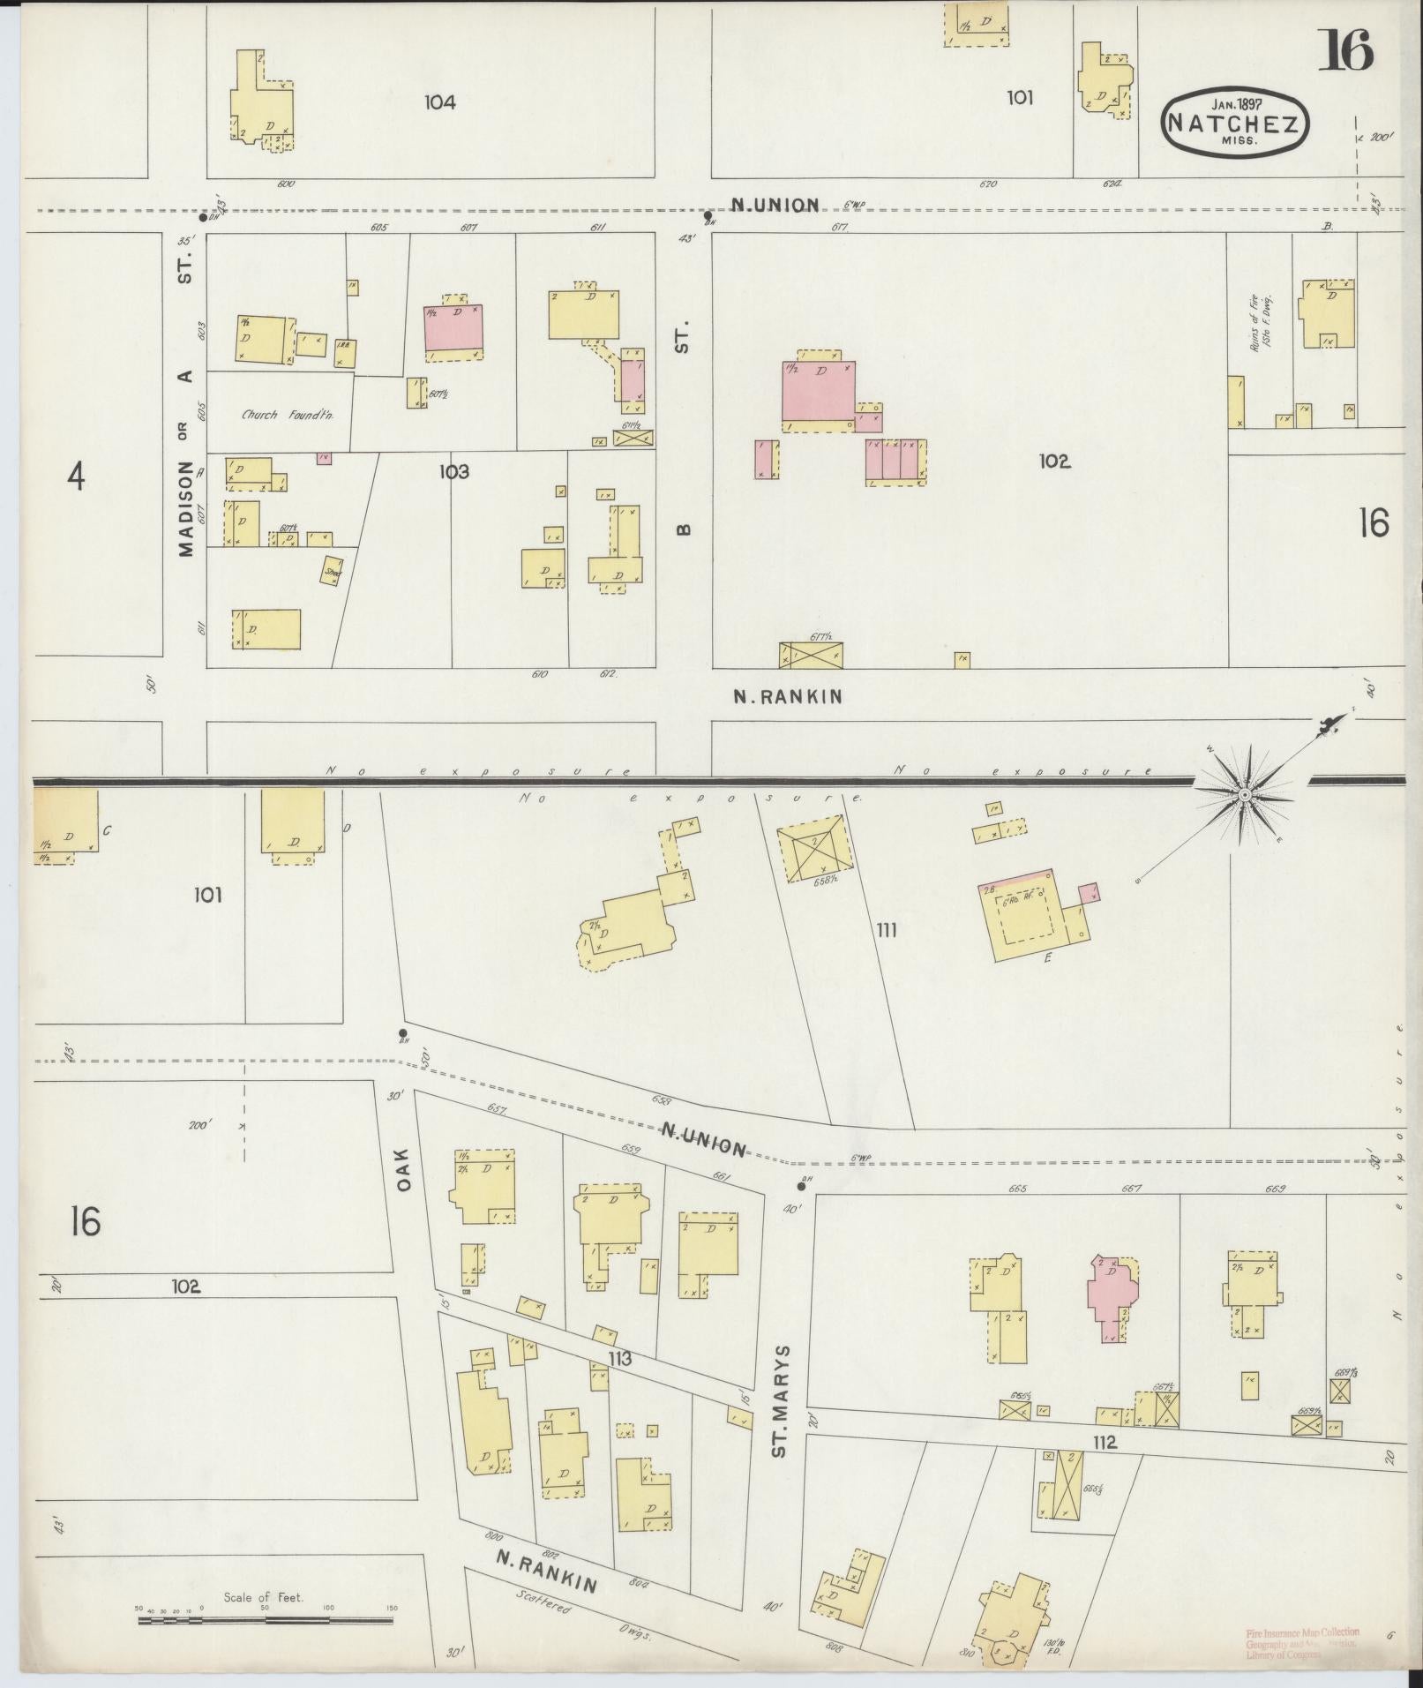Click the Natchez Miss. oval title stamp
(1234, 123)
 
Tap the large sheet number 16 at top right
(1345, 50)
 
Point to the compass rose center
(1244, 796)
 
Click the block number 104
(439, 102)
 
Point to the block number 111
(887, 929)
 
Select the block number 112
(1104, 1443)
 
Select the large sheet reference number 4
(77, 477)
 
